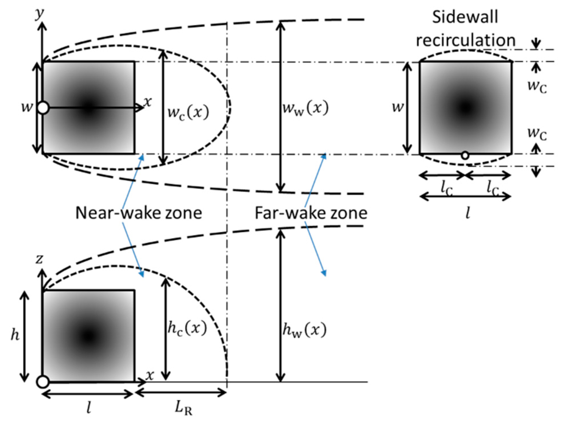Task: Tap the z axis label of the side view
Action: coord(39,259)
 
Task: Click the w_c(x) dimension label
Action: coord(188,112)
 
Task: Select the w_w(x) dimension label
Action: coord(305,108)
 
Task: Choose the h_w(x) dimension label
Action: coord(304,330)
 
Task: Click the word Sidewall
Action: coord(465,17)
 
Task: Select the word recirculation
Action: coord(465,40)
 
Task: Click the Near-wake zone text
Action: coord(139,213)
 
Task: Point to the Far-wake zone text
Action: coord(311,213)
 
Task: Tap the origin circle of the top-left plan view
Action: coord(43,108)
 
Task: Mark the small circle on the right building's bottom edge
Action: coord(465,155)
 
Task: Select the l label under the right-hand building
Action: coord(468,213)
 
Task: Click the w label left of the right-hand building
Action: coord(397,107)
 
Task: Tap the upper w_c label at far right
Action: coord(537,86)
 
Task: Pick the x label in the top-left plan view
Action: coord(147,101)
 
